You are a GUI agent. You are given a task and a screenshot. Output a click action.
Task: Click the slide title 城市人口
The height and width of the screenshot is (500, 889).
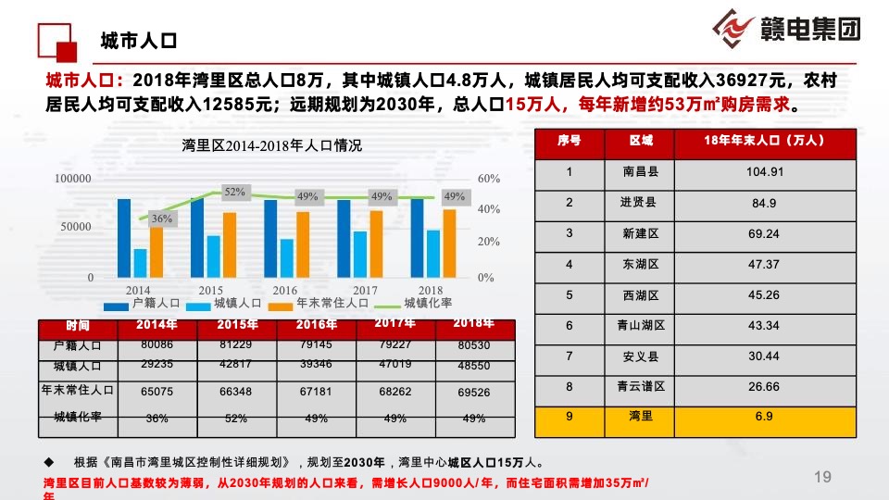tap(139, 41)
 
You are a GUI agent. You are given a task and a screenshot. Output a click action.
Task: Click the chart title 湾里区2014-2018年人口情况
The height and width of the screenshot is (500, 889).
tap(272, 145)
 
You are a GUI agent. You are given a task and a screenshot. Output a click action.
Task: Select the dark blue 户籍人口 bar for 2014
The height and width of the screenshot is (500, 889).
tap(123, 238)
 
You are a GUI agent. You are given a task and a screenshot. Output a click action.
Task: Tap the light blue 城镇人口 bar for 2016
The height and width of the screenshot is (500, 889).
tap(287, 257)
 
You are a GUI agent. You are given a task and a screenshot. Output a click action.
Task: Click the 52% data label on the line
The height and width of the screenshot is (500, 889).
tap(234, 192)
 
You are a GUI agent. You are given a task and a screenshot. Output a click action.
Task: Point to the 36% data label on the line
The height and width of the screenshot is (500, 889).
tap(162, 219)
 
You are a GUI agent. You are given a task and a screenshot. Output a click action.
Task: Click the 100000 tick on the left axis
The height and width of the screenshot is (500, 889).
tap(73, 178)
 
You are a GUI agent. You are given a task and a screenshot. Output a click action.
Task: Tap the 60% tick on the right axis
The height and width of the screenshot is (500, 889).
tap(489, 178)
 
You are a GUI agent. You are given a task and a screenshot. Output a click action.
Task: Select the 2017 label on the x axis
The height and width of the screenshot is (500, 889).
tap(366, 290)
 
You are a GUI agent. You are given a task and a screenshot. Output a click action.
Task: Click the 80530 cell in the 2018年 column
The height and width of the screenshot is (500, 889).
tap(473, 345)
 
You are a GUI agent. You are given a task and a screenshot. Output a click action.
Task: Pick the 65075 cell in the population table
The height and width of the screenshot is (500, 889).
tap(157, 392)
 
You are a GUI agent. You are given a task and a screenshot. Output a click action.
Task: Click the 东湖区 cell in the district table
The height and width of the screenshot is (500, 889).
tap(641, 265)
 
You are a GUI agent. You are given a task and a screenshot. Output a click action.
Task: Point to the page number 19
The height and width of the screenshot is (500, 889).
tap(822, 477)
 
